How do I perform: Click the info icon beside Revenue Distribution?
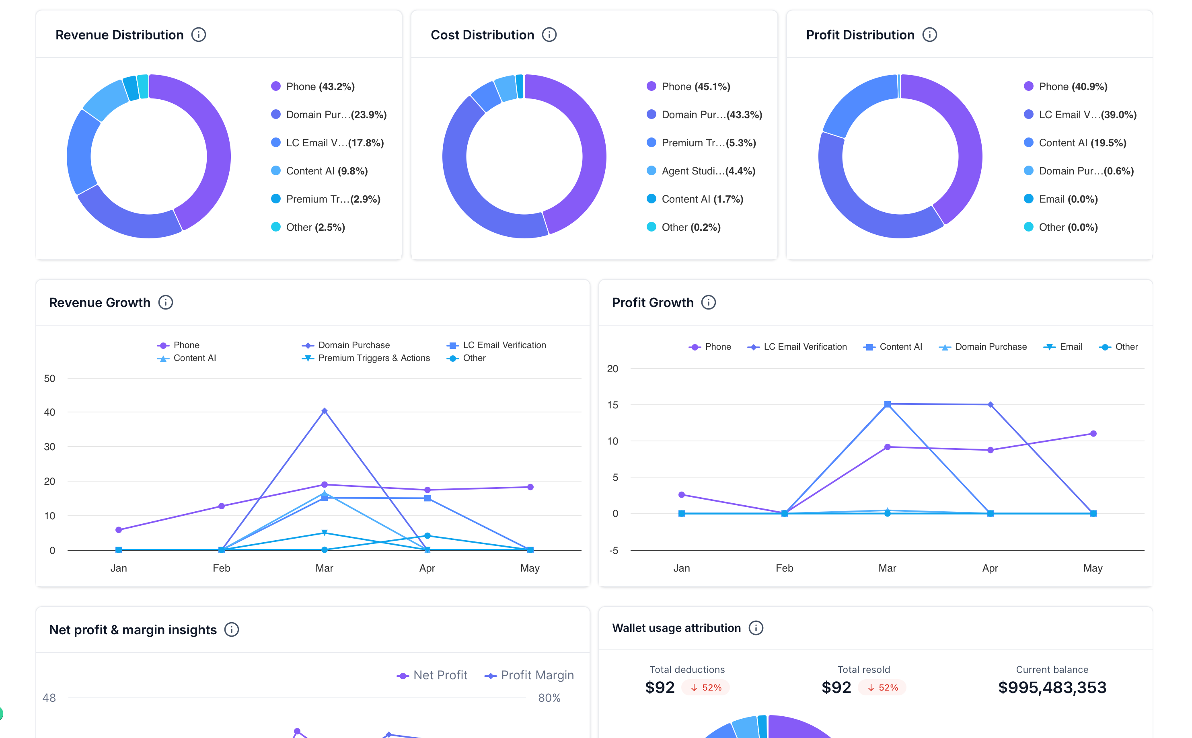198,35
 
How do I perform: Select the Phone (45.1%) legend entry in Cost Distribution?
688,86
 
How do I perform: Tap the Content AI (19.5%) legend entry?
1075,143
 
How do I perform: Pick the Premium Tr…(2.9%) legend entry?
326,199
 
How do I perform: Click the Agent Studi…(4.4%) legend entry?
701,171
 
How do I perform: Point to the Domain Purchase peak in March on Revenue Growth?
324,411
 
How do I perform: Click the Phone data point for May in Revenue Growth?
530,487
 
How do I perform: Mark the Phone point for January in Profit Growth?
682,494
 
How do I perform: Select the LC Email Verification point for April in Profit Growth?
991,405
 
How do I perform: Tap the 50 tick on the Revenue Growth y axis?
50,378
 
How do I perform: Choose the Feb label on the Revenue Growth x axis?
221,568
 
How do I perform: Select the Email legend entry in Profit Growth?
1063,346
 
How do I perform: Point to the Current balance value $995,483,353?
1052,687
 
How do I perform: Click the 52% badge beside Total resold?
882,687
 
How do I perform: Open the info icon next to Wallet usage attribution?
756,628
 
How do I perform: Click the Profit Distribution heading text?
860,35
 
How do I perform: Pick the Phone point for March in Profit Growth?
887,447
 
